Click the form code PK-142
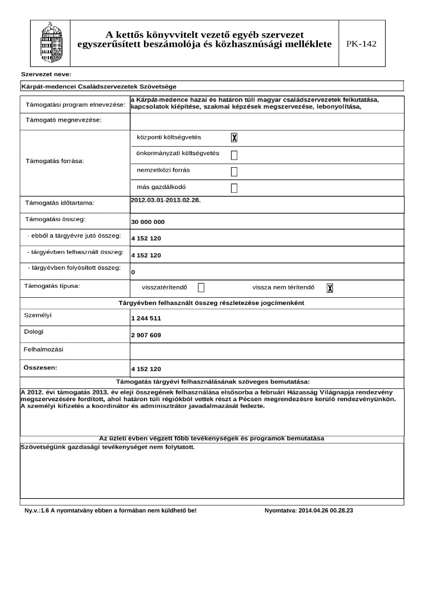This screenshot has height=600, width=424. [x=361, y=44]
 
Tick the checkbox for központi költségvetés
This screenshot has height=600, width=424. [x=234, y=138]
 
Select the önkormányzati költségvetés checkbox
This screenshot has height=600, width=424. [x=234, y=155]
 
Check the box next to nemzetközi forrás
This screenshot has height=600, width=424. [x=234, y=171]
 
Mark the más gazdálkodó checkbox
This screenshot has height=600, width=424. [x=234, y=188]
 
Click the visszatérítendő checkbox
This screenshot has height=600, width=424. [x=201, y=288]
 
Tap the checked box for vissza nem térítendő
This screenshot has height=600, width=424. [x=330, y=288]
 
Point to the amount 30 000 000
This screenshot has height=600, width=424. [x=148, y=222]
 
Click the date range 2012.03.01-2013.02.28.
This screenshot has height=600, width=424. [x=166, y=200]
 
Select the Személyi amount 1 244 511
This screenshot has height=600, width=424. [x=146, y=319]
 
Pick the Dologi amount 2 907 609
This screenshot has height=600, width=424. [x=146, y=336]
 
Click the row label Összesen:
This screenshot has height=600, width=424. [x=40, y=368]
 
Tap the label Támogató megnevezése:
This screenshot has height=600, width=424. [x=63, y=121]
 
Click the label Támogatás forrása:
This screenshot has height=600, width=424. [x=54, y=161]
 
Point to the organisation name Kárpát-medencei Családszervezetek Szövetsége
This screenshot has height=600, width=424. [x=98, y=87]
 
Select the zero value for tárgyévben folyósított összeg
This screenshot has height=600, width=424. [x=133, y=273]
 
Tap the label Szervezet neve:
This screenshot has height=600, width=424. [x=46, y=74]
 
